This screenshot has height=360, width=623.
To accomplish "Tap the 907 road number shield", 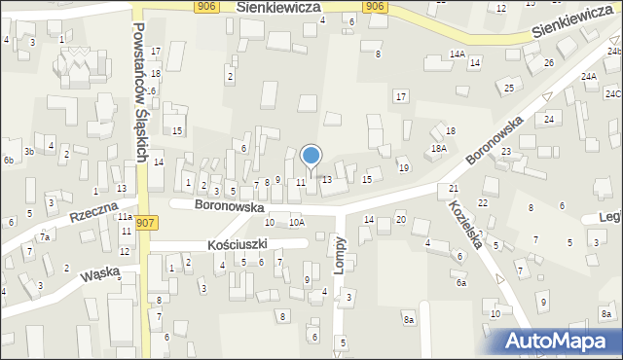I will [147, 223].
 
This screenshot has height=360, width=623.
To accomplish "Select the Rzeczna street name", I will [93, 213].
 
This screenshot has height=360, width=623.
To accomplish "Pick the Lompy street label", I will [340, 255].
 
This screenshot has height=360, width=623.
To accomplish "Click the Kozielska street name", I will [466, 225].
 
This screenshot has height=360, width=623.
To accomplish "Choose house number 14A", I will [457, 55].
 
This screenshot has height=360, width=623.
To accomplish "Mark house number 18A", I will [439, 148].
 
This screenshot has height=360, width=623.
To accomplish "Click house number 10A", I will [296, 223].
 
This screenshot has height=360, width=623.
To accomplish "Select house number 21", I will [454, 188].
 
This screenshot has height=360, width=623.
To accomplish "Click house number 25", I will [509, 89].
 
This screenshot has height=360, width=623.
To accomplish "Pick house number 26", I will [549, 63].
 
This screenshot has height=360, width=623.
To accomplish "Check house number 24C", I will [613, 94].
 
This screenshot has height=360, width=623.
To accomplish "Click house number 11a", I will [125, 217].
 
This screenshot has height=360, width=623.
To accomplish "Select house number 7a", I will [44, 237].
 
